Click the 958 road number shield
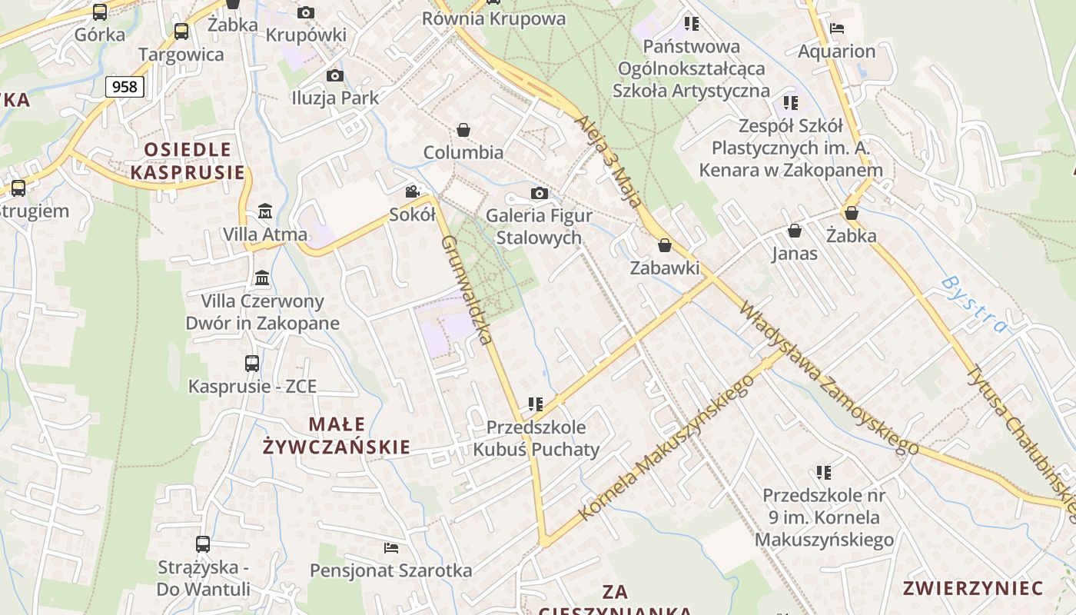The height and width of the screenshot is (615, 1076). [x=125, y=87]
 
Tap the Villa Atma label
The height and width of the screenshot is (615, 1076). [x=265, y=234]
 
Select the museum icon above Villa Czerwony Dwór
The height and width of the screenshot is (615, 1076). [x=262, y=278]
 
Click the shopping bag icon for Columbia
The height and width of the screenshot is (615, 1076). [x=463, y=130]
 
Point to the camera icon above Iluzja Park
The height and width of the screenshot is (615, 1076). [x=334, y=75]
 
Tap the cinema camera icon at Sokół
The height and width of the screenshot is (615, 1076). [x=413, y=191]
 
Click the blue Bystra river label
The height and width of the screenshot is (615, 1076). [x=974, y=304]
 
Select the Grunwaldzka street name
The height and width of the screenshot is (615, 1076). [x=467, y=290]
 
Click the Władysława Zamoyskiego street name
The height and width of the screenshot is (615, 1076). [x=829, y=379]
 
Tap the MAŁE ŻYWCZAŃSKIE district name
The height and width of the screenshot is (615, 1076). [x=337, y=435]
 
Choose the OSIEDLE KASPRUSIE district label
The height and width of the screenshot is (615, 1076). [x=188, y=161]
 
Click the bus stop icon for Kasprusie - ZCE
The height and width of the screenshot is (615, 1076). [x=252, y=363]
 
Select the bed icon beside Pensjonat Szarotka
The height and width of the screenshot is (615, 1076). [x=391, y=548]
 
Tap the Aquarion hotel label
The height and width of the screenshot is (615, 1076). [x=837, y=52]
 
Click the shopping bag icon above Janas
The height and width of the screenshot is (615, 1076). [x=795, y=231]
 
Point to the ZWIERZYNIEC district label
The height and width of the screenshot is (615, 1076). [x=973, y=589]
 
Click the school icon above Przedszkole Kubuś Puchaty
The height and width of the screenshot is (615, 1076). [x=536, y=404]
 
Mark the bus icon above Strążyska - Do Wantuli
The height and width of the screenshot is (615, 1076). [x=203, y=544]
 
